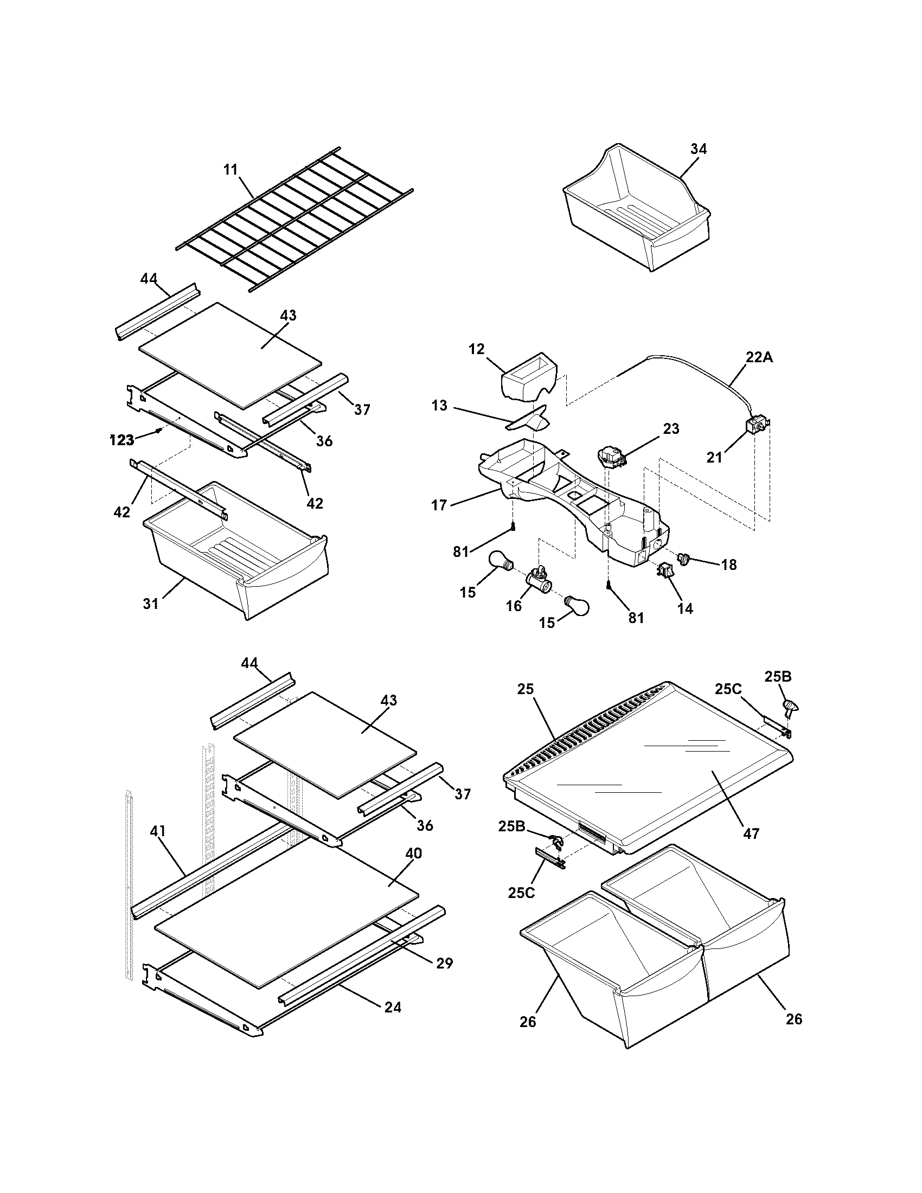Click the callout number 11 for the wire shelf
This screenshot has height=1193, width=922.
(231, 169)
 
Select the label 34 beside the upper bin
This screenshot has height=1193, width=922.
(698, 149)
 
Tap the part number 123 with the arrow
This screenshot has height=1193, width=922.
(121, 440)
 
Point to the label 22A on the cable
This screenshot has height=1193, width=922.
(759, 357)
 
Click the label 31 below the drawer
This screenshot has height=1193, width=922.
(151, 604)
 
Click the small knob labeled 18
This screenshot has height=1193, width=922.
(684, 557)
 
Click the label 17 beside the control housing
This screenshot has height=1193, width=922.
(439, 505)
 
